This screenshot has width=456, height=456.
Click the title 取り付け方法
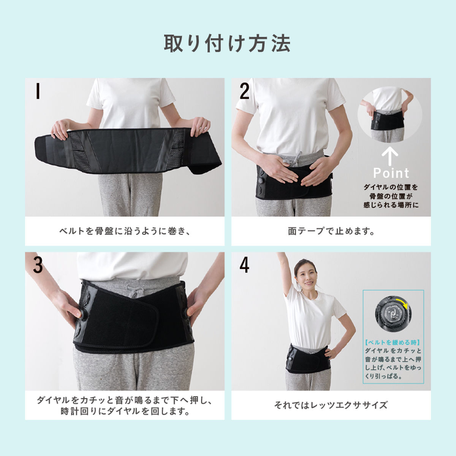click(x=227, y=44)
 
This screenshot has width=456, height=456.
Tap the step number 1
click(x=38, y=91)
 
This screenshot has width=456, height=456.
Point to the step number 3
click(x=38, y=265)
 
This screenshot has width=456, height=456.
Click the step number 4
click(x=244, y=266)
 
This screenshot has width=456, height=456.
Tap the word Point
click(x=391, y=173)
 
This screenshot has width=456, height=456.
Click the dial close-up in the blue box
click(x=393, y=313)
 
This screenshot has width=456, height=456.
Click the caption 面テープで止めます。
click(x=331, y=231)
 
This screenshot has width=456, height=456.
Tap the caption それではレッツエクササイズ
click(x=331, y=405)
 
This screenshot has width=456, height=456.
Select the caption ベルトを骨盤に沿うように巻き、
click(x=125, y=231)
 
